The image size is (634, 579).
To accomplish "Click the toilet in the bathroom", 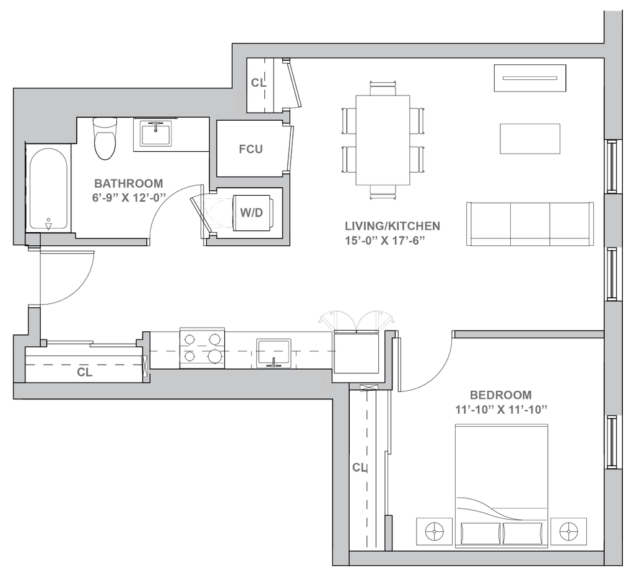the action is [x=104, y=138].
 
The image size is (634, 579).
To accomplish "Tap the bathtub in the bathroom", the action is [x=48, y=189].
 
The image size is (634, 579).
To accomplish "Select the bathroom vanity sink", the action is [x=156, y=133].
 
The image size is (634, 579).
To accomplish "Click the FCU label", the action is [x=251, y=149].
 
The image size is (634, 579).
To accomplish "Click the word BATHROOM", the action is [x=129, y=183].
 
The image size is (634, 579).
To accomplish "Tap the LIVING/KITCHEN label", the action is [x=392, y=225].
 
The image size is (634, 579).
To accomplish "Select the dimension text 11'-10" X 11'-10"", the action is [x=501, y=410].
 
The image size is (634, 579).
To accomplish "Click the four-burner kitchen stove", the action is [x=202, y=348].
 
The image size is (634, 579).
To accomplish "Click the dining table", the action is [x=383, y=139].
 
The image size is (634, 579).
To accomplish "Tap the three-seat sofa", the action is [x=530, y=224].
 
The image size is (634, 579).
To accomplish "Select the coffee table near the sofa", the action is [x=530, y=139].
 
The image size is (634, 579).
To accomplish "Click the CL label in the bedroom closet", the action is [x=360, y=468].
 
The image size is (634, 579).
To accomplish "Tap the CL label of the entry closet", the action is [x=84, y=372].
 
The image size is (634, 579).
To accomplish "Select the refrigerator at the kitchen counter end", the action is [x=356, y=352].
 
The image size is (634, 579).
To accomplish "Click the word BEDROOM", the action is [x=500, y=395].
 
